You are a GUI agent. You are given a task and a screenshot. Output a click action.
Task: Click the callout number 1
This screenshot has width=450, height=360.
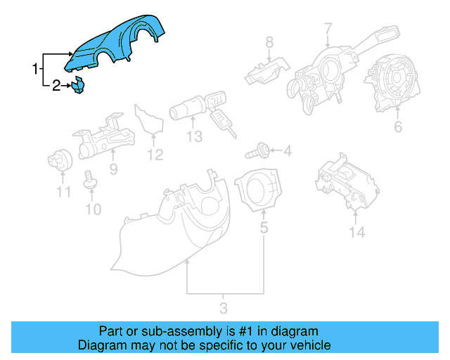coord(34,69)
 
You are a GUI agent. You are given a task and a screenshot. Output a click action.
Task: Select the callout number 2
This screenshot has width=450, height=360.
coord(56,86)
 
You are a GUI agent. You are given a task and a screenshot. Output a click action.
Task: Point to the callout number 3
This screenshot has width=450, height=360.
coord(224,307)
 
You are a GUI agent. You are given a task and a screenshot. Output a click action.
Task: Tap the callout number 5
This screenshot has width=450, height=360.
coord(264,228)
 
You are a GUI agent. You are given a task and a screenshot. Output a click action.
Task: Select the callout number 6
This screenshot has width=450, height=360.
coord(398,127)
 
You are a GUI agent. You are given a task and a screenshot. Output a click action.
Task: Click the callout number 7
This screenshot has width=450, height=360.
coord(328,29)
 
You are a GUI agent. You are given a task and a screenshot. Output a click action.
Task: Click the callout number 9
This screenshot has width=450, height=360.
coord(112,169)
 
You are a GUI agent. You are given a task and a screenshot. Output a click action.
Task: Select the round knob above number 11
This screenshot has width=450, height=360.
coord(61,162)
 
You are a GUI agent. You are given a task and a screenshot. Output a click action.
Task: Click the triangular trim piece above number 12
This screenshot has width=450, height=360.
coord(148,120)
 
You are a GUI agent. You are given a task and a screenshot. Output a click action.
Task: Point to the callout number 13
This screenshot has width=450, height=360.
coord(194,136)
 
